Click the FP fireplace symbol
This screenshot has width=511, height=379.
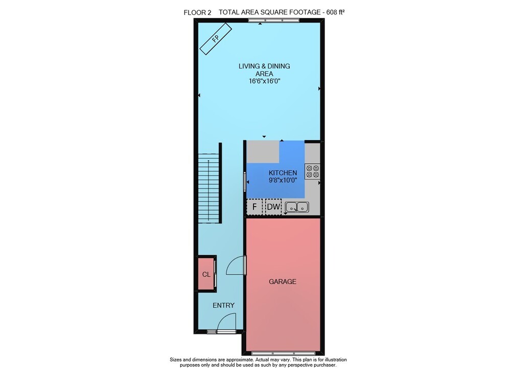pos(216,39)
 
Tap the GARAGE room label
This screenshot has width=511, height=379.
pos(283,281)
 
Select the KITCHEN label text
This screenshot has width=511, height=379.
pos(283,173)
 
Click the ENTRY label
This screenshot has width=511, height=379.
pos(224,305)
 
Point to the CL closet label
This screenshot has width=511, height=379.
pos(206,274)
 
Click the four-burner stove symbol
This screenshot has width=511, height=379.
pos(312,171)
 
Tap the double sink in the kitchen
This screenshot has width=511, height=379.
pos(297,207)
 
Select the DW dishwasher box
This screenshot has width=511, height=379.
pos(273,207)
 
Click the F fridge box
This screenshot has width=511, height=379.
pos(254,207)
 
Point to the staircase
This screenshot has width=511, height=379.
pos(208,189)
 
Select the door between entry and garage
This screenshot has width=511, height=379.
pos(235,265)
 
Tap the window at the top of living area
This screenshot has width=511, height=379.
pos(273,20)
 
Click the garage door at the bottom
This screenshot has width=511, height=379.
pos(283,353)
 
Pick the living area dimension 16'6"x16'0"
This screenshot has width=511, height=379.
pos(264,81)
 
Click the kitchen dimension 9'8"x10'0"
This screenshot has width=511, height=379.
pos(283,180)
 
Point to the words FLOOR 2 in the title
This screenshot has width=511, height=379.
pos(197,13)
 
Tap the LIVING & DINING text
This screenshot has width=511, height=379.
pos(264,66)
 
